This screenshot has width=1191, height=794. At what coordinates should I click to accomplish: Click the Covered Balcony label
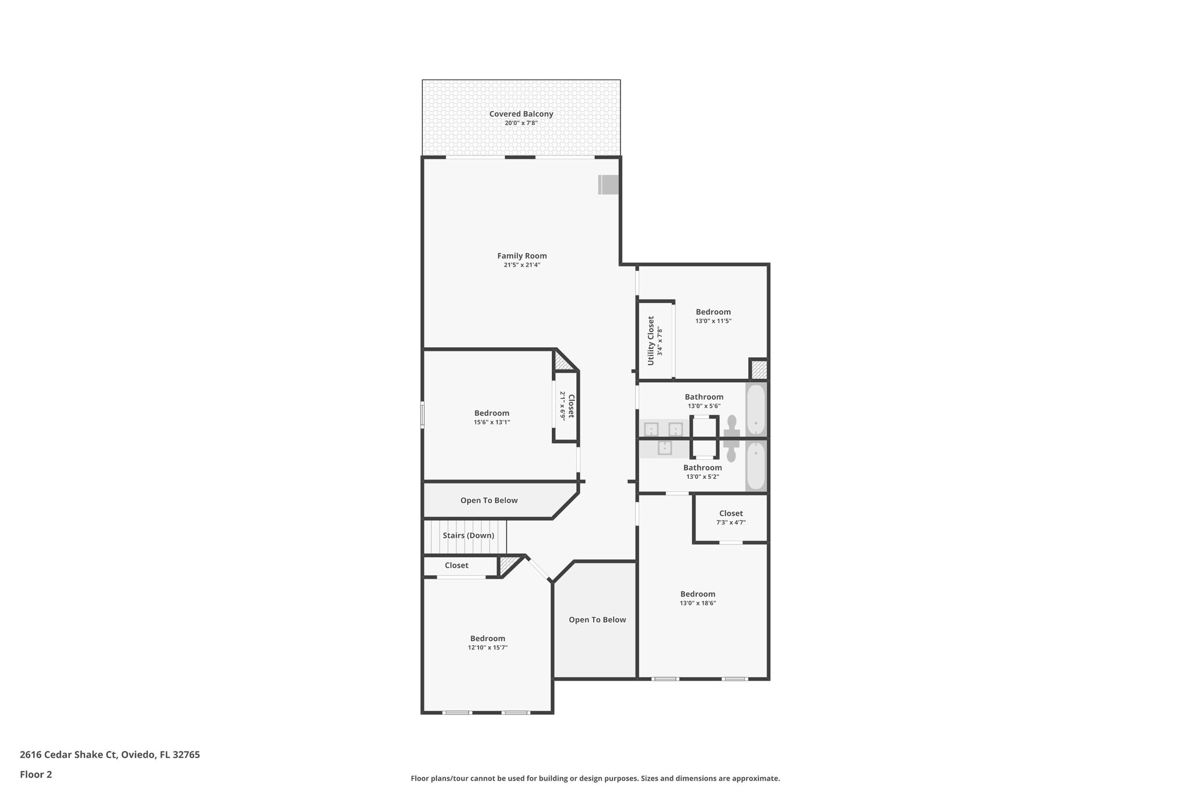[x=520, y=114]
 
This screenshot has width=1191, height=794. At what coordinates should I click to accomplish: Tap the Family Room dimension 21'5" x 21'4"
[x=522, y=265]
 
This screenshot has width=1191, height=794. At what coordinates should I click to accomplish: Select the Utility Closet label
[x=651, y=341]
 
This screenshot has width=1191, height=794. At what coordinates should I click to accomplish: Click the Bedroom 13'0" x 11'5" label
[x=713, y=312]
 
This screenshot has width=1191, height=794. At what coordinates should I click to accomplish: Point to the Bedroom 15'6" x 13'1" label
[x=491, y=413]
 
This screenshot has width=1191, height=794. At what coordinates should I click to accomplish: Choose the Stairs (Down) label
[x=468, y=535]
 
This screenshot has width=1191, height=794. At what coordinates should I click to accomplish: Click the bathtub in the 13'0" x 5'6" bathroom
[x=755, y=410]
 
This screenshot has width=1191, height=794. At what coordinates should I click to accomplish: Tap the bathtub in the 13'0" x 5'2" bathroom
[x=755, y=465]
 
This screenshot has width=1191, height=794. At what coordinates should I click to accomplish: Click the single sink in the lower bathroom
[x=665, y=448]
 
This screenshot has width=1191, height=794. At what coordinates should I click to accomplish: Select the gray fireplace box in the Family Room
[x=608, y=185]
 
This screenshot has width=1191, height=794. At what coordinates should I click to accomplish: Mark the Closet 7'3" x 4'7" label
[x=730, y=514]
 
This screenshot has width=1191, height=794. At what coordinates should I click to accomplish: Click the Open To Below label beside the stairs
[x=488, y=500]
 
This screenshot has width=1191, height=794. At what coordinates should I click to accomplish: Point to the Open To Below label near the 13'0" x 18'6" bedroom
[x=597, y=619]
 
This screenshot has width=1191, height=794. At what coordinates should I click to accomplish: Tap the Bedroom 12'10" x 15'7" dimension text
[x=487, y=647]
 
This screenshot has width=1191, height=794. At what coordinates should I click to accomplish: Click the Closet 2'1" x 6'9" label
[x=570, y=405]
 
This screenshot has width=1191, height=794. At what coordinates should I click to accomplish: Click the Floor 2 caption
[x=36, y=774]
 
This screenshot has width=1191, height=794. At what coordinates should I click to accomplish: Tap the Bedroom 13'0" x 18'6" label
[x=697, y=594]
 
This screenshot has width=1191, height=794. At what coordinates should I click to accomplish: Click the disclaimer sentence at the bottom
[x=595, y=778]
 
